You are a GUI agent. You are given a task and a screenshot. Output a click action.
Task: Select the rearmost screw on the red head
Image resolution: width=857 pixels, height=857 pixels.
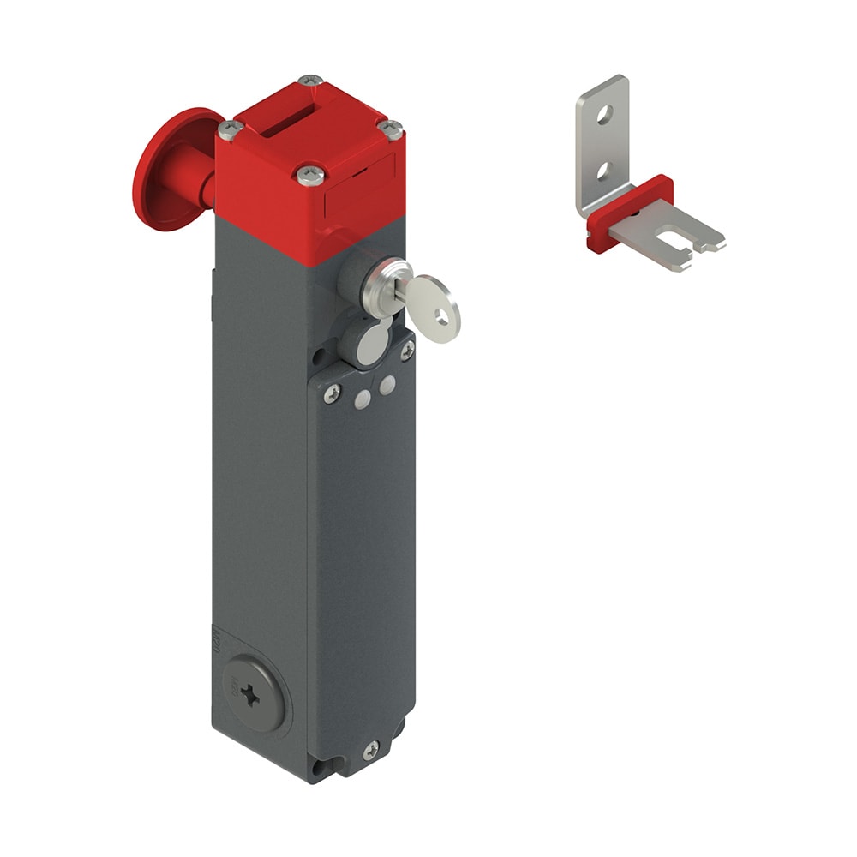[x=310, y=81]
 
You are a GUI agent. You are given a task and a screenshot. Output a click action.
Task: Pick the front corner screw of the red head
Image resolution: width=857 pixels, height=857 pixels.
[x=310, y=176]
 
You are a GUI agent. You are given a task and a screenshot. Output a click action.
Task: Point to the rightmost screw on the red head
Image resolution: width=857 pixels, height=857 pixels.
[x=390, y=129]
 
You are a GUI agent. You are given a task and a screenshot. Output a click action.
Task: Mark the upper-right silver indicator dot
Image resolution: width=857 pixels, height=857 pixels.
[x=387, y=385]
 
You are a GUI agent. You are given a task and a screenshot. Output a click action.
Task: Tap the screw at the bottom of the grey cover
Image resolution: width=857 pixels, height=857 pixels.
[x=370, y=750]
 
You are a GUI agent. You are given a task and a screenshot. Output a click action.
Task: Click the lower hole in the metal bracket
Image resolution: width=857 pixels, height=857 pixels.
[x=603, y=171]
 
